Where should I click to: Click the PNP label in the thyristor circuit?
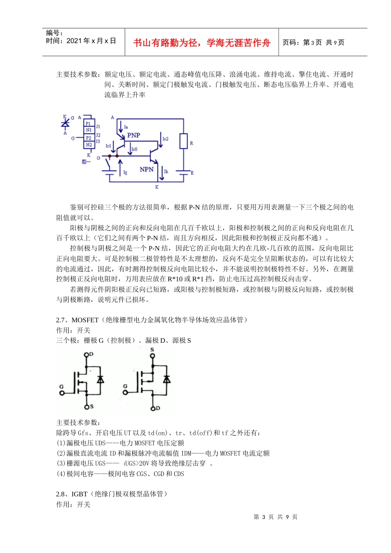click(x=133, y=135)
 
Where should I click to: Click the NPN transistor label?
click(x=146, y=169)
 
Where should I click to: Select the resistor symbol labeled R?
click(x=184, y=141)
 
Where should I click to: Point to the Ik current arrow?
click(x=162, y=173)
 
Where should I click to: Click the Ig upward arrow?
click(x=120, y=167)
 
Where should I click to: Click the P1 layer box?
click(x=88, y=123)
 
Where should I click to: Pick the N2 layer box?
click(x=88, y=145)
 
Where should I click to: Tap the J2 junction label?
click(x=98, y=135)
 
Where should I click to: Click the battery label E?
click(x=192, y=173)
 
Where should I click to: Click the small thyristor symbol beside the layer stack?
click(x=65, y=123)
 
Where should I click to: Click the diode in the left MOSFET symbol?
click(x=100, y=379)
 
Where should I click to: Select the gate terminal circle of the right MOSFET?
click(x=126, y=392)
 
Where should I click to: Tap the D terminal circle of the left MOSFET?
click(x=86, y=354)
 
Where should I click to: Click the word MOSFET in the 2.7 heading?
click(x=85, y=320)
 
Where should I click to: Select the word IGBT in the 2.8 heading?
click(x=79, y=494)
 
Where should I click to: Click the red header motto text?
click(x=202, y=43)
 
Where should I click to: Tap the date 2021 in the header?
click(x=74, y=41)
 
